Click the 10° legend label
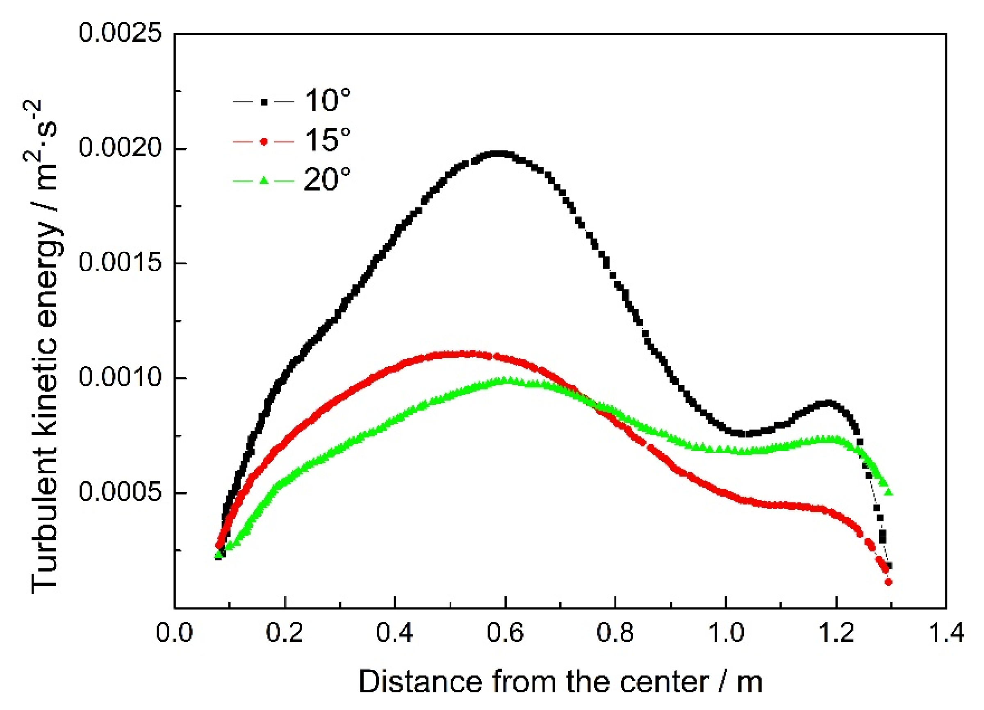coord(327,101)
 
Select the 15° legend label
coord(327,141)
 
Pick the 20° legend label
coord(327,180)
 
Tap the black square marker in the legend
coord(263,103)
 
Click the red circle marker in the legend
coord(263,142)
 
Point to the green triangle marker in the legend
coord(263,181)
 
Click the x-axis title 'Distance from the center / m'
coord(560,682)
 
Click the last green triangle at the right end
coord(888,492)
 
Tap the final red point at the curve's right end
coord(888,582)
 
